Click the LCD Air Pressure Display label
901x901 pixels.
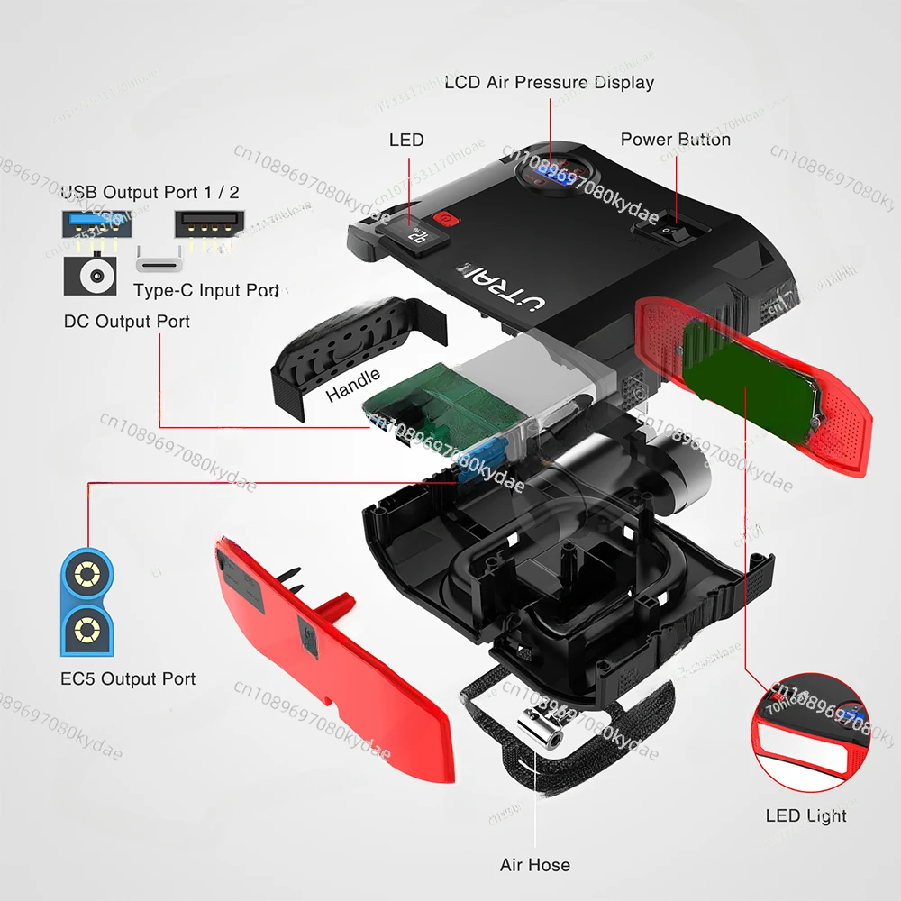coord(549,83)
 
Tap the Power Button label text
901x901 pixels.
coord(675,140)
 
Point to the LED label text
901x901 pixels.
coord(405,140)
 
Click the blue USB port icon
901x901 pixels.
coord(89,223)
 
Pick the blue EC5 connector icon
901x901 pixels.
coord(87,599)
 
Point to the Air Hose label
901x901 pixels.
coord(534,865)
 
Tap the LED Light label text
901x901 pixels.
coord(805,815)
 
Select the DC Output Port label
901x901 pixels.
coord(126,321)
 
